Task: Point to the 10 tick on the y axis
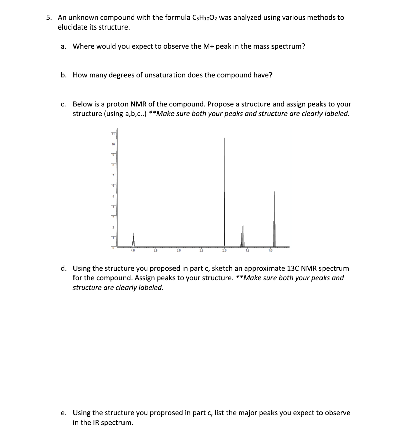coord(113,144)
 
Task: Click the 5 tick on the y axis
coord(113,196)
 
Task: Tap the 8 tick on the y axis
coord(113,165)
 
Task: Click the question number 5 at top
coord(48,17)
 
